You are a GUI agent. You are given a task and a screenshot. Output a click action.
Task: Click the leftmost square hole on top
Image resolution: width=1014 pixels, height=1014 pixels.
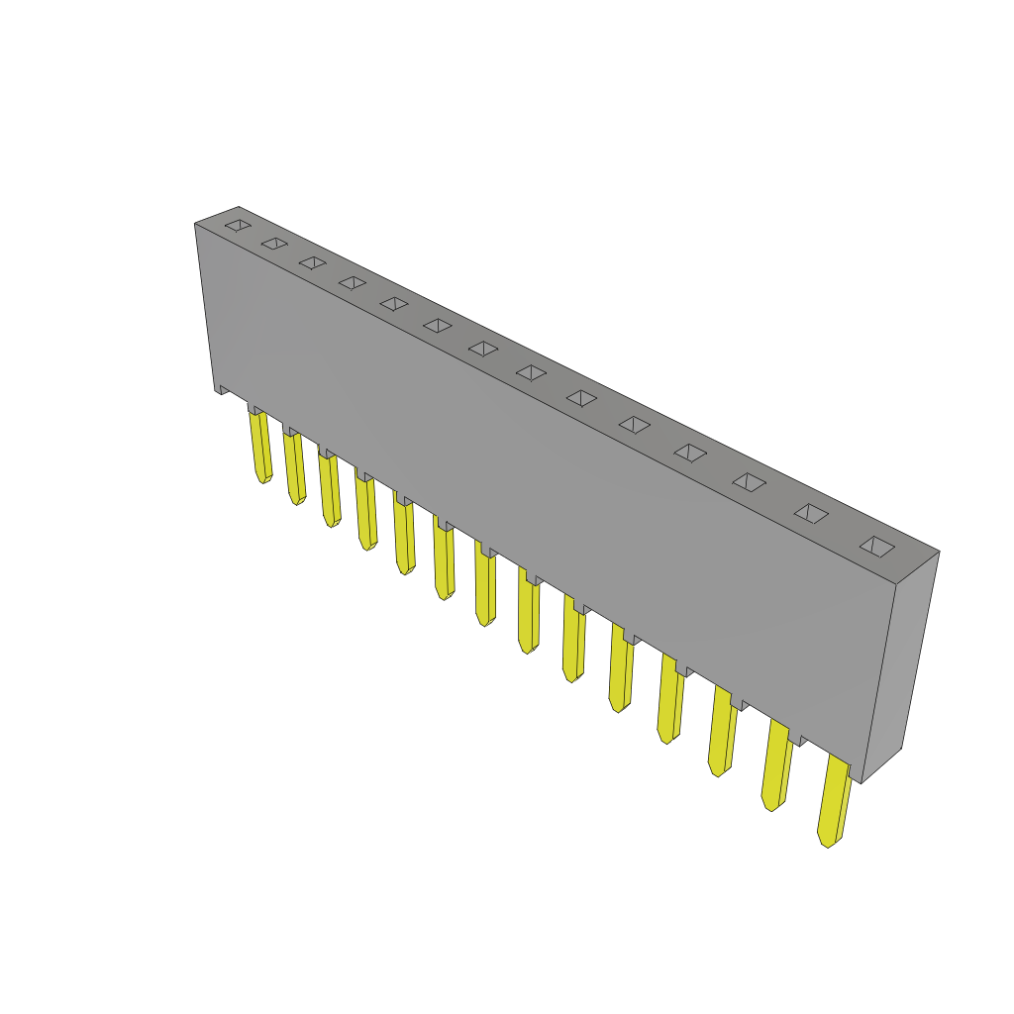coord(238,225)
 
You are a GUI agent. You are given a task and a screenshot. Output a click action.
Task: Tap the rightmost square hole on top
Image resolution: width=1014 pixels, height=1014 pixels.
coord(876,546)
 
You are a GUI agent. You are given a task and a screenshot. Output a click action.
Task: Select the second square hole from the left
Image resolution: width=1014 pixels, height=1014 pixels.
coord(274,243)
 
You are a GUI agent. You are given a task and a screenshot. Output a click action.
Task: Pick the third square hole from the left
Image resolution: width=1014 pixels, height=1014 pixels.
coord(313,262)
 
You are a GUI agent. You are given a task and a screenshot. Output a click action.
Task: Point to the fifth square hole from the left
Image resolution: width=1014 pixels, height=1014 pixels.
coord(394,303)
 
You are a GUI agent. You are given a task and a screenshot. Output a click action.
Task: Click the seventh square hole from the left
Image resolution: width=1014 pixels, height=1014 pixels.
coord(483,349)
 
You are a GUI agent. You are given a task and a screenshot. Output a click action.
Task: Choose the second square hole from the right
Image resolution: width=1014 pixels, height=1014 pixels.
coord(811,513)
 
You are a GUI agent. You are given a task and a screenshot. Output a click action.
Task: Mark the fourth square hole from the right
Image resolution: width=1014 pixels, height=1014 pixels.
coord(690,453)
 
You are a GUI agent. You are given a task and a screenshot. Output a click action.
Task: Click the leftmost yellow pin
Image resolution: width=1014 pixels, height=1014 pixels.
coord(260,446)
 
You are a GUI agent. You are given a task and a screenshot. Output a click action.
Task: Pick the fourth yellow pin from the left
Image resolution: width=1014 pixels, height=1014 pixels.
coord(365,511)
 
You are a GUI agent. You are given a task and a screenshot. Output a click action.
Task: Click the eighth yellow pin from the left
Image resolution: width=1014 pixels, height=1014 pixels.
coord(529,613)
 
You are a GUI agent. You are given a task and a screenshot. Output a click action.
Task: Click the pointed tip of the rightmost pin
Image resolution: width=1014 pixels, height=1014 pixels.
coord(827,842)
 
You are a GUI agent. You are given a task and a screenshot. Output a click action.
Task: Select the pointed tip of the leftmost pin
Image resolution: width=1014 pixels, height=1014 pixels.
coord(263,479)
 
